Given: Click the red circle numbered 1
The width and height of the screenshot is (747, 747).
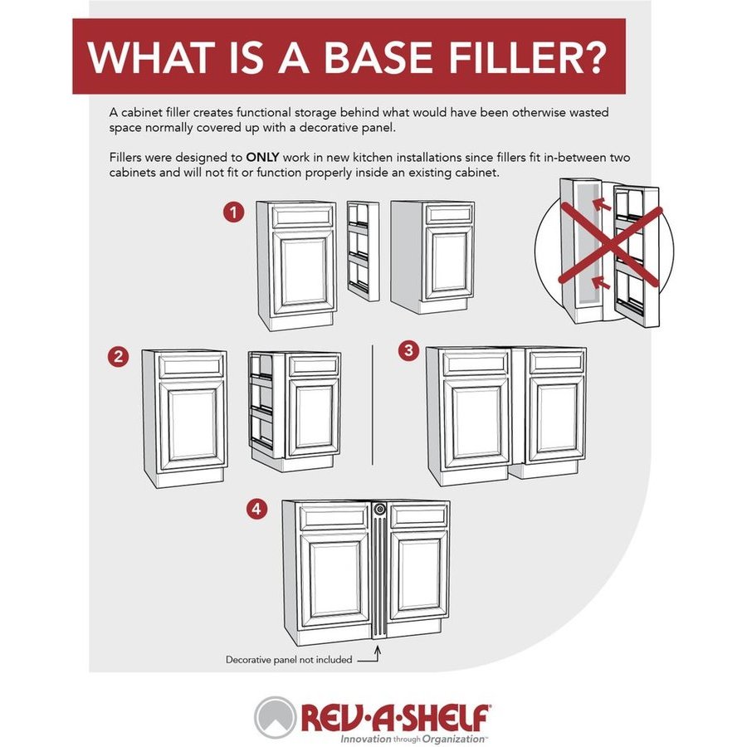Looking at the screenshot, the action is point(233,212).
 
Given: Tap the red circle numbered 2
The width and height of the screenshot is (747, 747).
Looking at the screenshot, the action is point(118,356).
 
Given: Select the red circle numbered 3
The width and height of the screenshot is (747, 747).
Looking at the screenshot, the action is point(408,350).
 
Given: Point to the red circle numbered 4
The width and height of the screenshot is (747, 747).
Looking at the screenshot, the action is point(256,510).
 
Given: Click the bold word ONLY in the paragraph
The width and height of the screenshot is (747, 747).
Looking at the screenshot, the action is point(262,157).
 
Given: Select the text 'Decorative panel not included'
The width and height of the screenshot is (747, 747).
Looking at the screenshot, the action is point(289,660).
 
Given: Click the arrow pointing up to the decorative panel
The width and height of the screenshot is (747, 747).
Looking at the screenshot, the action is point(374,654).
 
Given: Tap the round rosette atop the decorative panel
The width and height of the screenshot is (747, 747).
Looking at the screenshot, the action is point(379,510).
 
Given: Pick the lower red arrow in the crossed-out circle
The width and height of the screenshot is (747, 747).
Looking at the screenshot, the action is point(600,283).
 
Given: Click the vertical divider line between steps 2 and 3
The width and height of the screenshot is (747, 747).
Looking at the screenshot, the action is point(372,405).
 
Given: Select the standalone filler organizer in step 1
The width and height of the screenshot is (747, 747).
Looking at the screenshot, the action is point(364,251).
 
